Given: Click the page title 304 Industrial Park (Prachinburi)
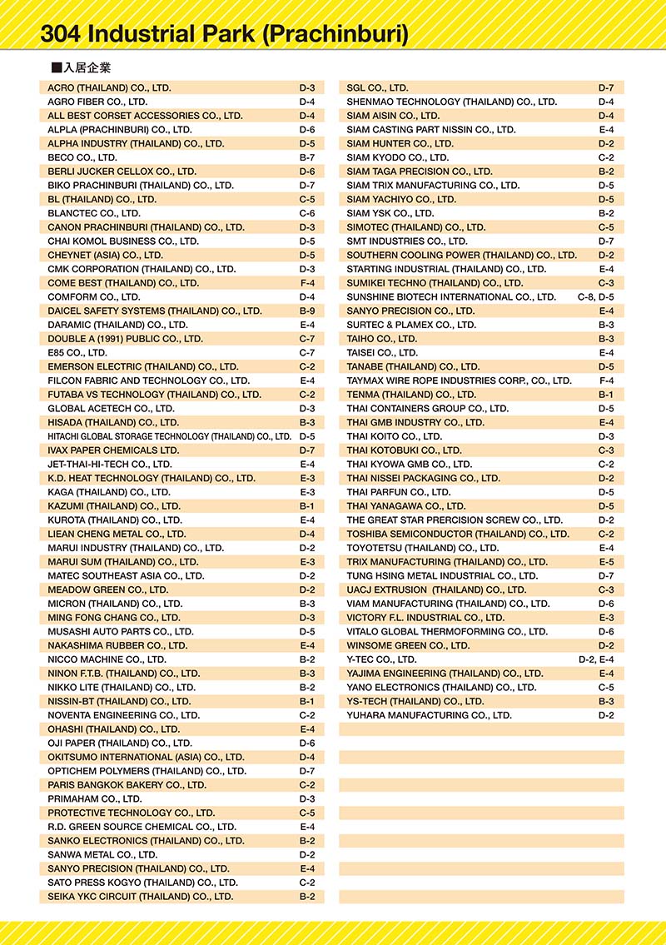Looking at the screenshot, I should pos(224,34).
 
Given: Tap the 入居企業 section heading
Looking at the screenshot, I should pos(86,67).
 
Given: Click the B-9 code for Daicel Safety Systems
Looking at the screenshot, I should pos(306,311).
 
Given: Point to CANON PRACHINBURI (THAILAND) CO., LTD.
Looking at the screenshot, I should pos(146,227).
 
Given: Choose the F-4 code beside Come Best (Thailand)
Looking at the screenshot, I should pos(306,283).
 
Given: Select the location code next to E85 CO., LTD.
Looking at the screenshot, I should pos(306,353).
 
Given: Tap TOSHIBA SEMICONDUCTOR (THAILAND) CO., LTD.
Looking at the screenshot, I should pos(458,534).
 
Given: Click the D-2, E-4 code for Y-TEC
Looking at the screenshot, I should pos(596,659).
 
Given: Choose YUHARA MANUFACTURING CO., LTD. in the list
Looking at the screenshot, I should pos(429,715).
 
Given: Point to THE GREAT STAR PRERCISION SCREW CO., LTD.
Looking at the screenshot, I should pos(455,520).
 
